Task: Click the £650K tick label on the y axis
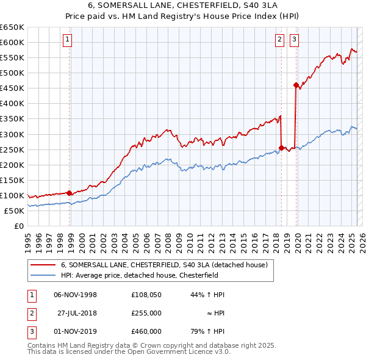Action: [x=12, y=27]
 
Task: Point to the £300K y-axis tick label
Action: [x=12, y=134]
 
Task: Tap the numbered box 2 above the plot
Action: [x=279, y=40]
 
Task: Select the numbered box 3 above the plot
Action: [x=294, y=40]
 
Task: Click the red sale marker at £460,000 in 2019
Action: [x=296, y=85]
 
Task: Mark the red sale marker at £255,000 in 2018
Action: [x=281, y=148]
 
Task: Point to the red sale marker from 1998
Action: [x=69, y=193]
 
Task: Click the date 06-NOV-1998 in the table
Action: [x=76, y=295]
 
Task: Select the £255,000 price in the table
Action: [x=146, y=313]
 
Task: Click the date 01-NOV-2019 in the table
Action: [x=76, y=331]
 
